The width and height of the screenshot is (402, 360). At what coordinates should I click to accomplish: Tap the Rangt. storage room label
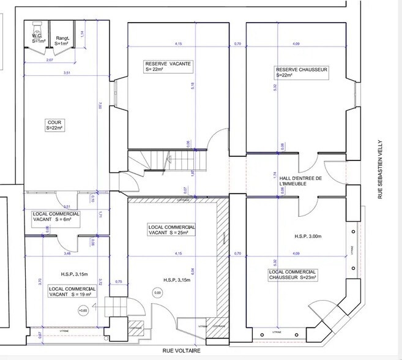[x=62, y=39]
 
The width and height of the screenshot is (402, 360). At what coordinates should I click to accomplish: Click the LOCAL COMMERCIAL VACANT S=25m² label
[x=172, y=230]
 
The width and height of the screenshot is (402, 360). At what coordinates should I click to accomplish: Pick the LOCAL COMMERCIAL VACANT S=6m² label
[x=56, y=217]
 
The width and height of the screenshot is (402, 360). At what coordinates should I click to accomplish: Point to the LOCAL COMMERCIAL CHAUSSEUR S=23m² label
[x=292, y=275]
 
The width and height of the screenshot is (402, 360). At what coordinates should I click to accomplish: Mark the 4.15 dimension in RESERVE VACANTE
[x=178, y=44]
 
